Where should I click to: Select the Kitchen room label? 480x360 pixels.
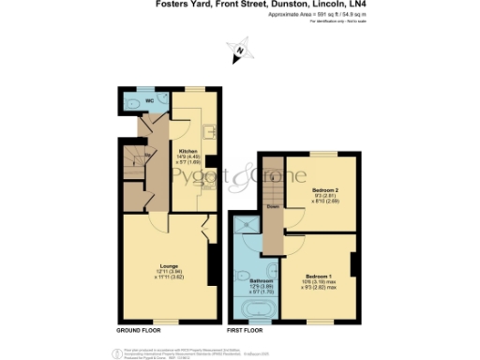[187, 149]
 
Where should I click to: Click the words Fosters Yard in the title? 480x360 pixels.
[179, 6]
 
